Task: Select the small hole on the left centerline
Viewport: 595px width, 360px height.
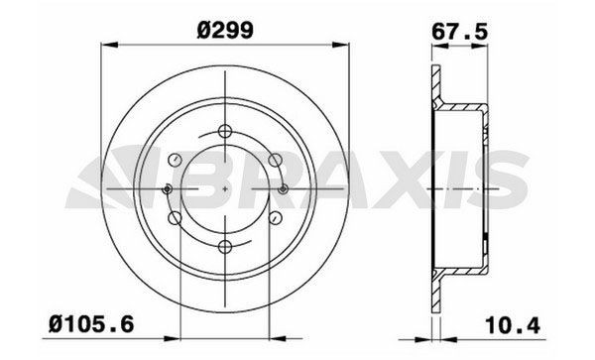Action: (x=168, y=188)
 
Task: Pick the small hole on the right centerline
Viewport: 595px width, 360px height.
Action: (x=285, y=188)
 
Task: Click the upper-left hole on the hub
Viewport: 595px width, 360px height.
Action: (x=177, y=160)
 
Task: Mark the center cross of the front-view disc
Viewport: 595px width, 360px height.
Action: (x=226, y=188)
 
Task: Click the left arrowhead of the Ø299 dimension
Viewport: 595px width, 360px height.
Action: (x=108, y=44)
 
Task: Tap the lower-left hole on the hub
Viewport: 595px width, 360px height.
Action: (x=177, y=218)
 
